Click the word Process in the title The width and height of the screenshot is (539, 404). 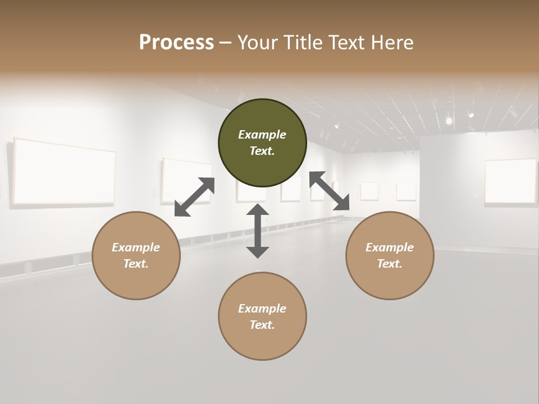click(x=176, y=43)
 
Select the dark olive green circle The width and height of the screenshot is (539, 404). click(x=262, y=143)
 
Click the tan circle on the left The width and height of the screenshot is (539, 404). click(x=136, y=255)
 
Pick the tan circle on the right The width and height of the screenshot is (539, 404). click(x=390, y=255)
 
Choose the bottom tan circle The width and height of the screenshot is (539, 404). click(x=262, y=316)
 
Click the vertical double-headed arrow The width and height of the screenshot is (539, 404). click(x=258, y=231)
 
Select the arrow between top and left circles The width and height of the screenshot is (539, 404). click(x=194, y=196)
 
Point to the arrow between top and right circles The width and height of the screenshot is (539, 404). click(x=330, y=191)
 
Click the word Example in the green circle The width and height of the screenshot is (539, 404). click(x=262, y=135)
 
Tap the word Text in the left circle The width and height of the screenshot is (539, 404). click(x=136, y=264)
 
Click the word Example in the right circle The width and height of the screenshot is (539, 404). click(x=390, y=247)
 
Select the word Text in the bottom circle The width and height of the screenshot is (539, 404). click(x=262, y=325)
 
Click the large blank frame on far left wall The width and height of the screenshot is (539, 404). click(x=64, y=171)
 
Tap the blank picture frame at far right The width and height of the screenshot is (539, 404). click(x=510, y=181)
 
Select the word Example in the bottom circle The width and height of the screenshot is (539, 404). click(x=262, y=309)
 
